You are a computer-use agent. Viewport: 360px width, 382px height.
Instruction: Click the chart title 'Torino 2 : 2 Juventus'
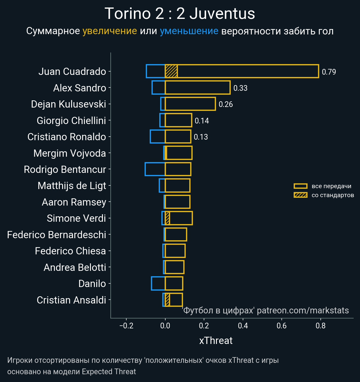coord(180,14)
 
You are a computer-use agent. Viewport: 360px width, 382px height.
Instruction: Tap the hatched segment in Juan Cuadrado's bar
coord(171,71)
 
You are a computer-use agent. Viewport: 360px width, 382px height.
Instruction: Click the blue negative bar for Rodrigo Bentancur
coord(155,169)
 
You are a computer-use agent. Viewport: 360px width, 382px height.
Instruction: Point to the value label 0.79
coord(329,72)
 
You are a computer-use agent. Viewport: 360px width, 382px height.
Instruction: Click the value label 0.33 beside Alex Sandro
coord(240,88)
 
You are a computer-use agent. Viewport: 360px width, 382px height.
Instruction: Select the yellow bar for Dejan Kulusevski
coord(190,104)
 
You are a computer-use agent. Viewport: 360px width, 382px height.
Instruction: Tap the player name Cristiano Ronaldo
coord(67,137)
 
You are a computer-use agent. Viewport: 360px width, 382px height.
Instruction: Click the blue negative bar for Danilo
coord(158,283)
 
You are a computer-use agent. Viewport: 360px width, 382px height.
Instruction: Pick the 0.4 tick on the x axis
coord(243,326)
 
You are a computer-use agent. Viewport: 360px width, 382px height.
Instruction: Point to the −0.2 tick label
coord(126,326)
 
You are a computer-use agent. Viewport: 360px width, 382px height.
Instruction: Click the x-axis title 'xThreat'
coord(216,341)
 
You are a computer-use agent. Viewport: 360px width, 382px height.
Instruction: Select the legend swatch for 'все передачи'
coord(300,186)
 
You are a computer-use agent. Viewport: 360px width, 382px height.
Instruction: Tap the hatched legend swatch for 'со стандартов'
coord(300,195)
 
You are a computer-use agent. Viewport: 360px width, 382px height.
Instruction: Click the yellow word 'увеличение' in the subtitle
coord(109,31)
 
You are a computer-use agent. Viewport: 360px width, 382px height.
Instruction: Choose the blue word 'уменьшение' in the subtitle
coord(189,31)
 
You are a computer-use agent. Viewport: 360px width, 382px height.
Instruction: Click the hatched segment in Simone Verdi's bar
coord(167,218)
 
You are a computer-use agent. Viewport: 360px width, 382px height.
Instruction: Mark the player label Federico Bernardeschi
coord(57,235)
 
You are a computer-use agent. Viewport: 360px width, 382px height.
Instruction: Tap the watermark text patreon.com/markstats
coord(303,310)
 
